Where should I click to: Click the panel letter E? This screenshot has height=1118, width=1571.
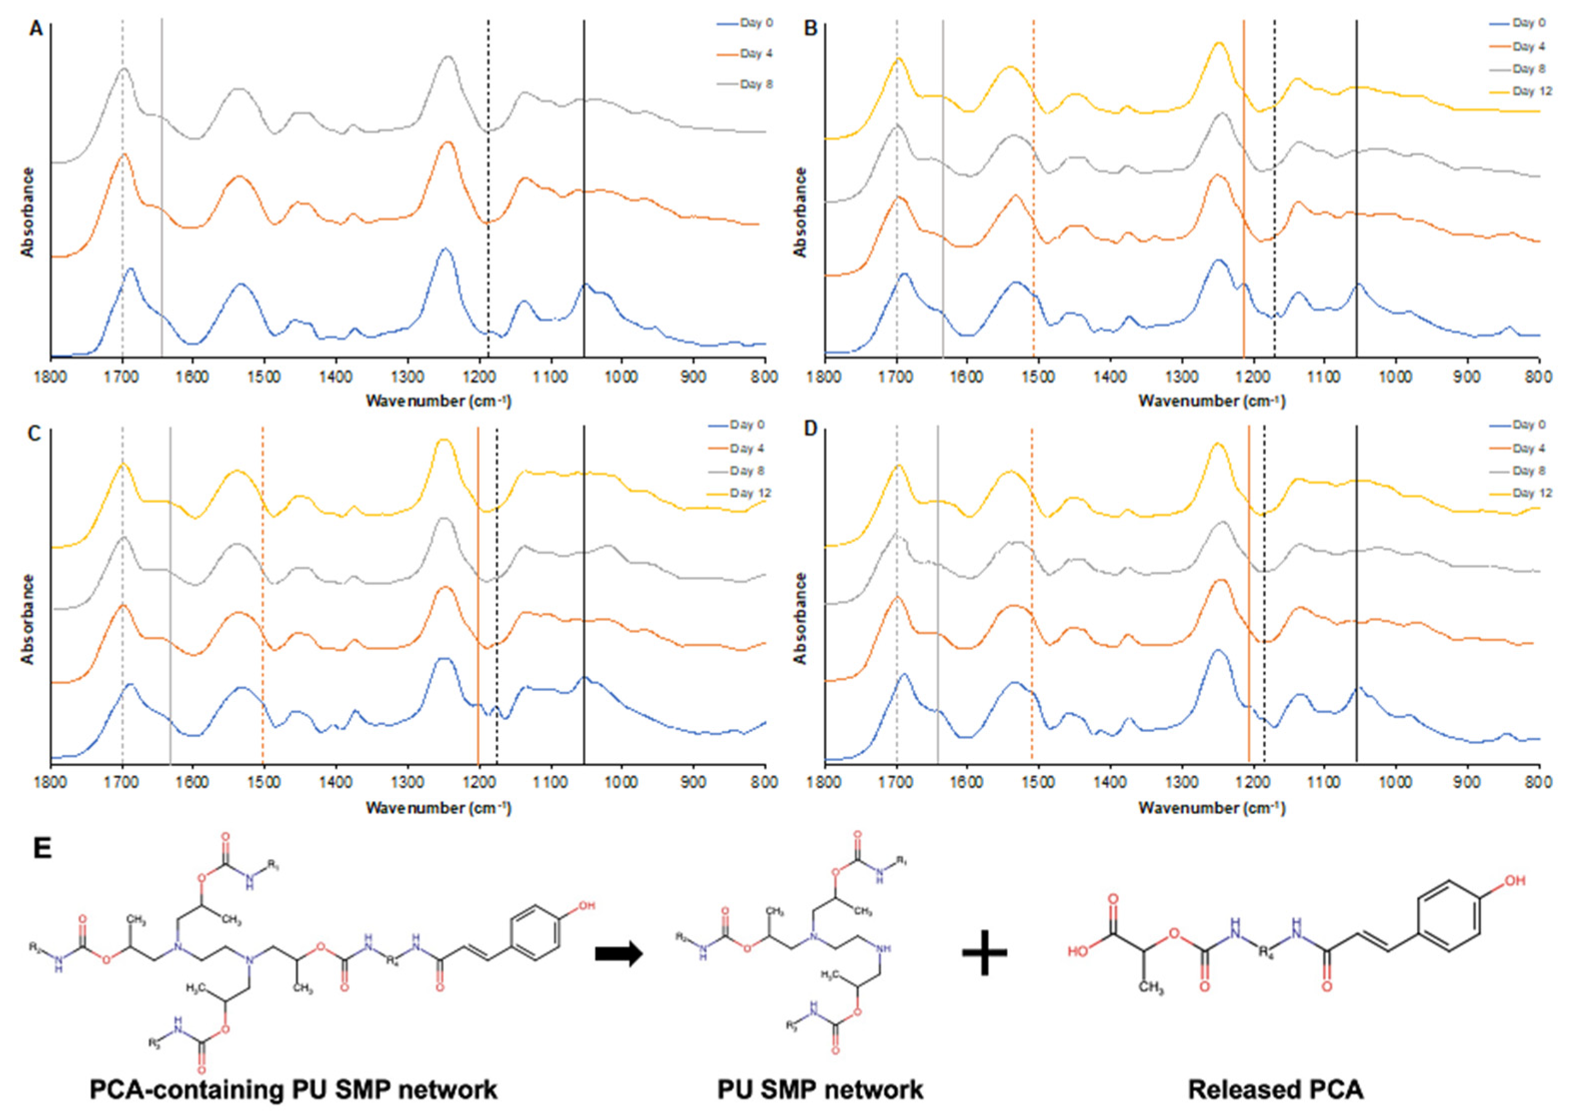[42, 848]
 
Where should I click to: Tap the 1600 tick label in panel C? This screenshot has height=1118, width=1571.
[194, 782]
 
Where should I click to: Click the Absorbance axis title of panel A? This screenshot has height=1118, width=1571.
[28, 212]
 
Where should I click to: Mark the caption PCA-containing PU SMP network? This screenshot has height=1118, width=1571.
[293, 1089]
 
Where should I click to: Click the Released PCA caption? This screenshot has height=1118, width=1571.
[1275, 1089]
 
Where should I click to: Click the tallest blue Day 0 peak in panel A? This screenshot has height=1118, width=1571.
[445, 249]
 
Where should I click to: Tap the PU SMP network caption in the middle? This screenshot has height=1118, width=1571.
[820, 1089]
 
